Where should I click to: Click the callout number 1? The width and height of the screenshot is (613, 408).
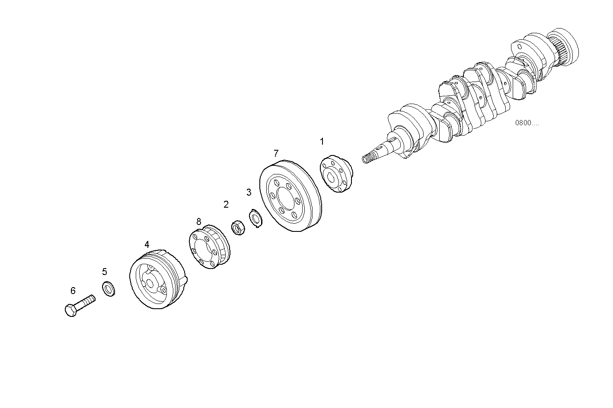[x=322, y=141]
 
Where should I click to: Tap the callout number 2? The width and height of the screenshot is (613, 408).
[x=226, y=204]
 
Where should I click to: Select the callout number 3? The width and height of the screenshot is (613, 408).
[x=249, y=192]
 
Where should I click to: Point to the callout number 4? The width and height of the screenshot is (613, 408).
[x=147, y=244]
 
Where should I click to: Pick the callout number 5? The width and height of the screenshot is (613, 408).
[x=104, y=272]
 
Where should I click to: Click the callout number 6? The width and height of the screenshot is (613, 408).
[x=73, y=291]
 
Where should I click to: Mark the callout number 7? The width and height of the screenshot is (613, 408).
[x=276, y=153]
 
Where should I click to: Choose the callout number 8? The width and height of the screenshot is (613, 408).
[x=198, y=221]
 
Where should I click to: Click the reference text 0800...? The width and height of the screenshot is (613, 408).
[x=527, y=123]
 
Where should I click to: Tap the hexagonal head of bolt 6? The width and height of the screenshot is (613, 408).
[x=71, y=310]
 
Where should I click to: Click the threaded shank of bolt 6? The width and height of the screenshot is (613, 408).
[x=86, y=300]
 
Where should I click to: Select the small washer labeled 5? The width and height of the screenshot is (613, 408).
[x=109, y=289]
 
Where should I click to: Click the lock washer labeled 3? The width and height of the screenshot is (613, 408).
[x=256, y=218]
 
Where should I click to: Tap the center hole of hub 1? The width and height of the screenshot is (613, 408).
[x=332, y=177]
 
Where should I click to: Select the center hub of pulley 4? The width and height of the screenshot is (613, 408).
[x=150, y=284]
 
